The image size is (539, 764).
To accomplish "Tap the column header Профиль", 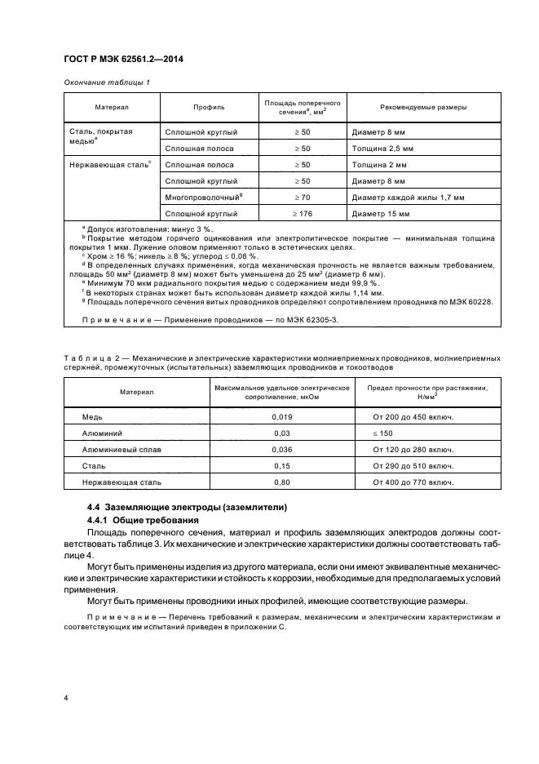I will coord(209,107).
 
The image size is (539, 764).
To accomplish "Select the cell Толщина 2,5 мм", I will coord(383,149).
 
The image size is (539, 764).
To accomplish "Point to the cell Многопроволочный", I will coord(203,197).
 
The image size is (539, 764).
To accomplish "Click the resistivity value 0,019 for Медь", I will coord(281,416).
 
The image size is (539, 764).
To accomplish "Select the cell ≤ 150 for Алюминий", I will coord(382,433).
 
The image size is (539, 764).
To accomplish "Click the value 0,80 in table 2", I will coord(281,482).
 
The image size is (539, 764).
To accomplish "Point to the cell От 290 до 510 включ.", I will coord(413,466).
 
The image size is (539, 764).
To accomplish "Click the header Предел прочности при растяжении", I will coord(415,388).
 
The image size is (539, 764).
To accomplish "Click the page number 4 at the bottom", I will coord(65,699).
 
